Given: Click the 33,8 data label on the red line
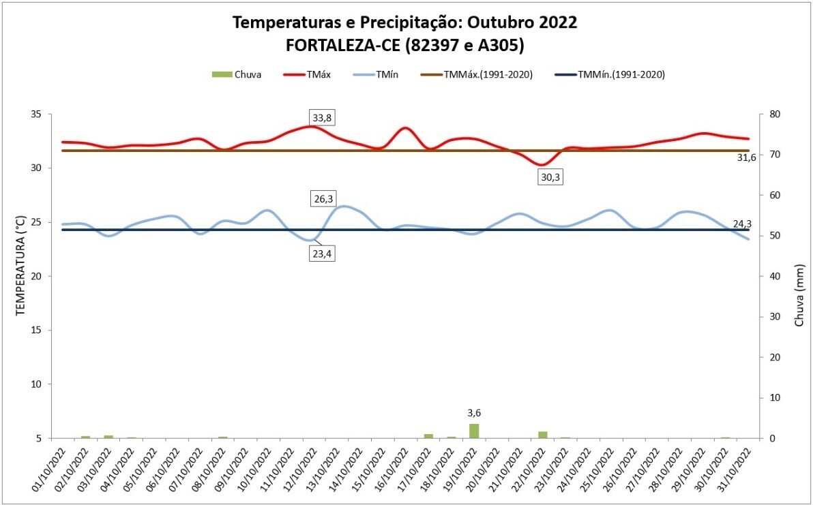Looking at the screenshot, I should click(323, 118).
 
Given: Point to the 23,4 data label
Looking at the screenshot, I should click(323, 254).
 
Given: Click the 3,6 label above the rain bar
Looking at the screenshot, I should click(474, 413).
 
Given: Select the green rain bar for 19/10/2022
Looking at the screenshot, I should click(474, 431).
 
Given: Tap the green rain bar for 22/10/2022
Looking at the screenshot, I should click(543, 434).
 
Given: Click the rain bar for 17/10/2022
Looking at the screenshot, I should click(428, 435).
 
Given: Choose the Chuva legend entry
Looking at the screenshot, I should click(237, 75).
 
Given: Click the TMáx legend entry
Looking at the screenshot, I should click(310, 75).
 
